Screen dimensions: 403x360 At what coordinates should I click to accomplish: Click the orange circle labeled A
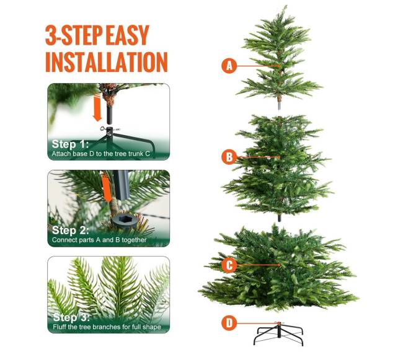pyautogui.click(x=229, y=66)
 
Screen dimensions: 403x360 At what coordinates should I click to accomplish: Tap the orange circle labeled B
pyautogui.click(x=229, y=157)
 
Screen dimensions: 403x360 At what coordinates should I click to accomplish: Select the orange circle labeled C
pyautogui.click(x=229, y=265)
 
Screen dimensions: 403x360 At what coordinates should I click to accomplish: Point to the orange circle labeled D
pyautogui.click(x=229, y=323)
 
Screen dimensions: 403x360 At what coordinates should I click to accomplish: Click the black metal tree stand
pyautogui.click(x=278, y=333)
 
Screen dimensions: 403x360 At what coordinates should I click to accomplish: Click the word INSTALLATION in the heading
pyautogui.click(x=107, y=62)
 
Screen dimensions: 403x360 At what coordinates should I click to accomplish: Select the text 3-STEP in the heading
pyautogui.click(x=74, y=35)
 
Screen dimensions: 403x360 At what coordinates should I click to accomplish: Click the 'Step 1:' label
pyautogui.click(x=70, y=144)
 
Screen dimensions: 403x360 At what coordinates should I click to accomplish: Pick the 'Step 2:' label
pyautogui.click(x=70, y=230)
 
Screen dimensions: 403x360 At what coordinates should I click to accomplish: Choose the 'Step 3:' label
pyautogui.click(x=71, y=317)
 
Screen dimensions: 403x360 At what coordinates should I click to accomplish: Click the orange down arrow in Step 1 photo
pyautogui.click(x=97, y=108)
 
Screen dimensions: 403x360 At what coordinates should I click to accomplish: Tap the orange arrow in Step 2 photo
pyautogui.click(x=107, y=188)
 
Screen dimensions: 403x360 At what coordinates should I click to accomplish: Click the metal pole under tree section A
pyautogui.click(x=280, y=105)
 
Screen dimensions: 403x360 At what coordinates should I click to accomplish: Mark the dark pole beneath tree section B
pyautogui.click(x=280, y=217)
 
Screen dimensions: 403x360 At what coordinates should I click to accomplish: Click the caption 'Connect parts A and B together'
pyautogui.click(x=99, y=240)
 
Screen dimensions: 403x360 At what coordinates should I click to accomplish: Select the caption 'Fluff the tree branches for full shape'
pyautogui.click(x=107, y=327)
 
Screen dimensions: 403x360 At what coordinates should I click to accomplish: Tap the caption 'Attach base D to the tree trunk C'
pyautogui.click(x=100, y=154)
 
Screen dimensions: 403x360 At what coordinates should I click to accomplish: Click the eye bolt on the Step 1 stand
pyautogui.click(x=104, y=128)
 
